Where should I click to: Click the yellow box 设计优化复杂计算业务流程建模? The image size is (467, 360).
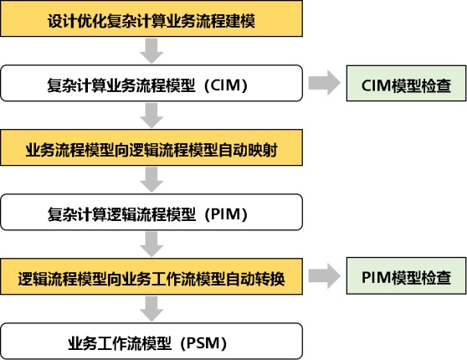click(x=151, y=18)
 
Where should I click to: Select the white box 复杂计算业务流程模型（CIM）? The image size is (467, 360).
click(x=151, y=83)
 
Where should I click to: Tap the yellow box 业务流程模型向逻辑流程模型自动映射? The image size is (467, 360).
click(x=151, y=147)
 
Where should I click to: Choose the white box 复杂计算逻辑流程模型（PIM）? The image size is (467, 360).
click(x=151, y=212)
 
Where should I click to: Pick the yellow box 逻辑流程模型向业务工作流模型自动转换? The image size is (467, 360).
click(x=151, y=276)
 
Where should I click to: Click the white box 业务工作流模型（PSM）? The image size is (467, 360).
click(x=151, y=342)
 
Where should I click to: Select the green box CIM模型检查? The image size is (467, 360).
click(x=406, y=84)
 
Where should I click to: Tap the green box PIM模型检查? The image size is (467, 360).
click(x=406, y=276)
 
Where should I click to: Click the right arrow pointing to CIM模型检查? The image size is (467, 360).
click(x=325, y=83)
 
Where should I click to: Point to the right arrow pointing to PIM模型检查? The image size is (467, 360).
click(x=325, y=276)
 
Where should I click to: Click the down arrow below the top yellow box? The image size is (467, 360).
click(x=151, y=51)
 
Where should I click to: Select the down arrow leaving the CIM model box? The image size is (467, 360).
click(x=151, y=116)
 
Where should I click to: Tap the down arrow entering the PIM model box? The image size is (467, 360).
click(x=151, y=180)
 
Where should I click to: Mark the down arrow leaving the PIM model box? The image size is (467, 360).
click(x=151, y=244)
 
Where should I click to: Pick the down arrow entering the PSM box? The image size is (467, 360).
click(x=151, y=309)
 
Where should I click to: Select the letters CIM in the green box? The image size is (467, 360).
click(x=376, y=85)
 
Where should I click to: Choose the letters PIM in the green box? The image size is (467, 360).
click(x=376, y=277)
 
